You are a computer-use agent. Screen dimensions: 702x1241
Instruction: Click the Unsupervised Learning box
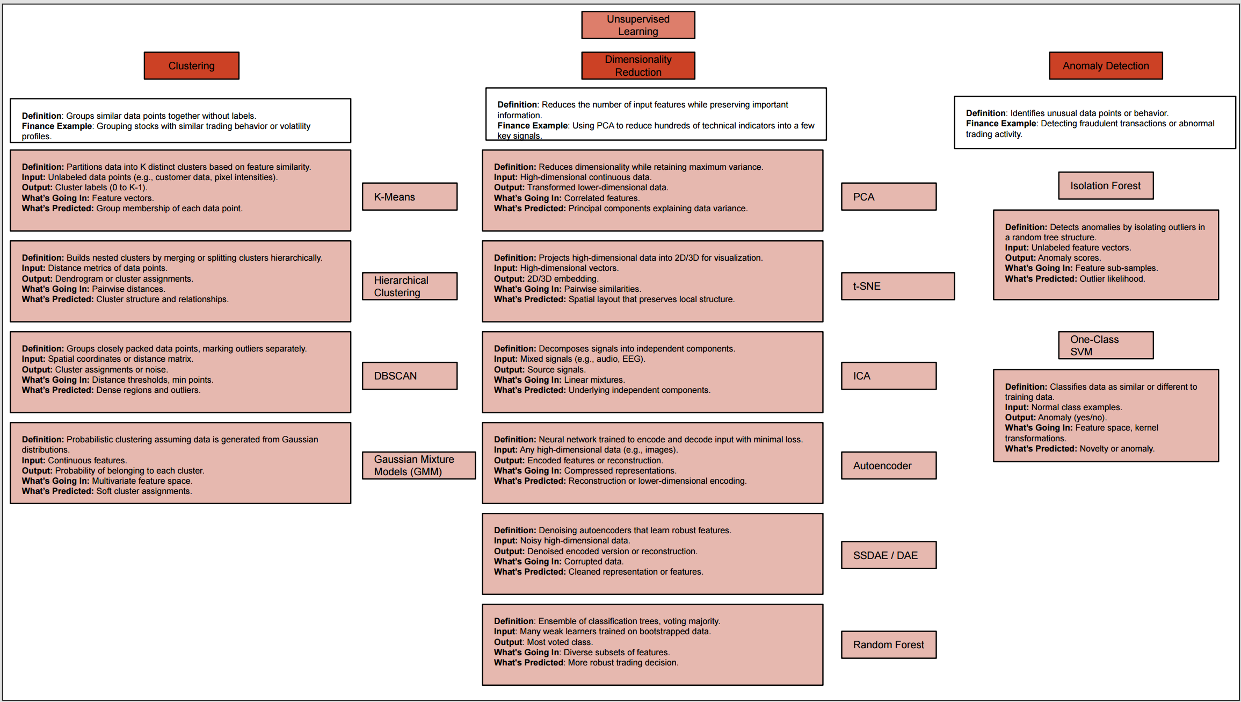[x=638, y=25]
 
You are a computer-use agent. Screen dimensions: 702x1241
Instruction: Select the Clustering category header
[x=191, y=66]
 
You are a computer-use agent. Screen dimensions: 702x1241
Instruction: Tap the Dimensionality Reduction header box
[x=638, y=66]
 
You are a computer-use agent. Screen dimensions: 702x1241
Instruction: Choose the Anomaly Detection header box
[x=1106, y=66]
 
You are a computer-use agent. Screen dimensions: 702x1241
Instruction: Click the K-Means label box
[x=410, y=197]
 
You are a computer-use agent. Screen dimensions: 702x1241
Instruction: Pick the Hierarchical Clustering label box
[x=410, y=286]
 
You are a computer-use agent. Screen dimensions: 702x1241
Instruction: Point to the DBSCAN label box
[x=410, y=376]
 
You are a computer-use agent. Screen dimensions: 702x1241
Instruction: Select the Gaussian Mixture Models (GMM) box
[x=419, y=465]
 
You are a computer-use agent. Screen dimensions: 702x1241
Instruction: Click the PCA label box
[x=889, y=197]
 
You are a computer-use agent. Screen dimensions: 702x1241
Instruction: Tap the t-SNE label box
[x=898, y=286]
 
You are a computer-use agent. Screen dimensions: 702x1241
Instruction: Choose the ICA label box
[x=889, y=376]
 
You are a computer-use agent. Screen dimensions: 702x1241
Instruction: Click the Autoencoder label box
[x=889, y=465]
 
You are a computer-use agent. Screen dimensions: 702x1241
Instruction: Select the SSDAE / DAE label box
[x=889, y=555]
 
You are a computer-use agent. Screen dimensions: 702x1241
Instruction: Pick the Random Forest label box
[x=889, y=644]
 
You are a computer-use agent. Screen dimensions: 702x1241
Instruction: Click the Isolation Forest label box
[x=1106, y=185]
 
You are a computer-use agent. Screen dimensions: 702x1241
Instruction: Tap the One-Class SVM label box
[x=1106, y=345]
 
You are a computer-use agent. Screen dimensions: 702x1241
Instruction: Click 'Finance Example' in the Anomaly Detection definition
[x=1001, y=124]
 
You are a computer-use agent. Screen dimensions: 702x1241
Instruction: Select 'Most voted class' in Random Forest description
[x=559, y=642]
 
